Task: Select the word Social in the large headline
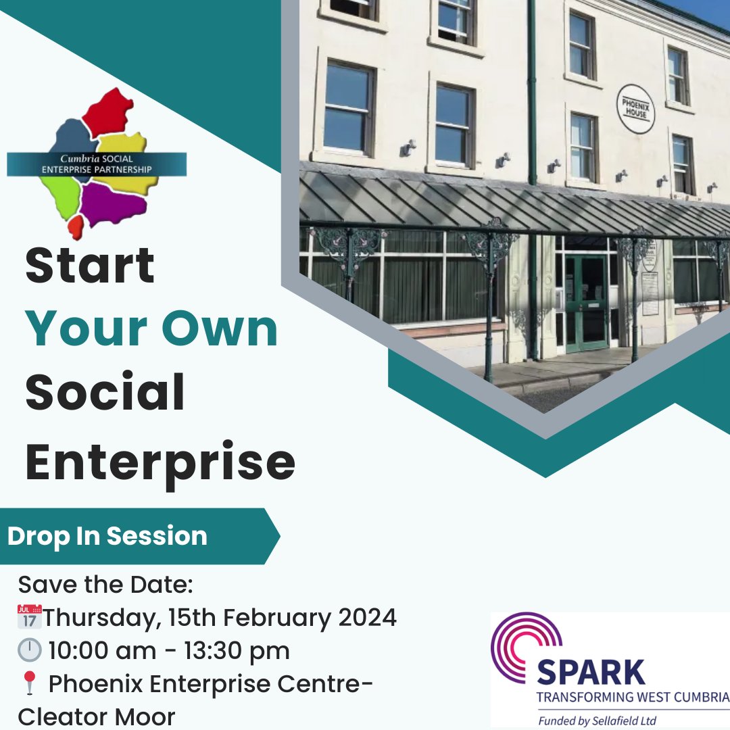[x=105, y=393]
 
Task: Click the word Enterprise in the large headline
[x=160, y=462]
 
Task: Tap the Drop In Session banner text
[x=107, y=536]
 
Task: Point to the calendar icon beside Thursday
[x=29, y=617]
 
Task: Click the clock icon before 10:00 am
[x=28, y=651]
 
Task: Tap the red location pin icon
[x=28, y=684]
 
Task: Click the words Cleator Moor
[x=97, y=716]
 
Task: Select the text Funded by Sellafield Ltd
[x=597, y=721]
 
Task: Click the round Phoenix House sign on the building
[x=635, y=108]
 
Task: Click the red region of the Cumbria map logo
[x=108, y=112]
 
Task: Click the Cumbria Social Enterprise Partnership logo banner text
[x=97, y=164]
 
